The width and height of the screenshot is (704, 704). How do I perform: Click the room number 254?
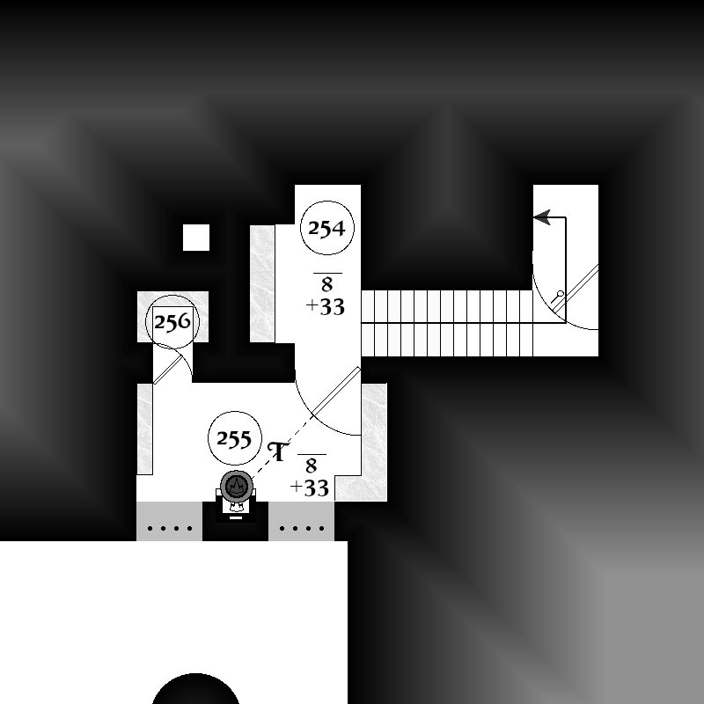pos(326,228)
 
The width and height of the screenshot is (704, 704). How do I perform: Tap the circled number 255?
pos(234,438)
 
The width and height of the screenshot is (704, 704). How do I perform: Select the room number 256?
pos(172,322)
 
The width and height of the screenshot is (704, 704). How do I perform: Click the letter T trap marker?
pos(278,451)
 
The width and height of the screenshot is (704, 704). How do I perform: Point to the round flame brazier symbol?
pos(236,487)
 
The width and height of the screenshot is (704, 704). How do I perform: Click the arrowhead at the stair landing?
pos(542,217)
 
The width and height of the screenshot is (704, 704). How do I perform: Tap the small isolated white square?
pos(196,238)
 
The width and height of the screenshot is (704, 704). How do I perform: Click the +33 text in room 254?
pos(326,306)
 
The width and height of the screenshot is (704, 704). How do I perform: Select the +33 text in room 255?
pos(310,488)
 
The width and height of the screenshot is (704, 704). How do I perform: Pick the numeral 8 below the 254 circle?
pos(326,284)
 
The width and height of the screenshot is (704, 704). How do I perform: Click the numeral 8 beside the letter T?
pos(312,466)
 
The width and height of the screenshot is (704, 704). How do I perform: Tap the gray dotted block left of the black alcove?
pos(169,521)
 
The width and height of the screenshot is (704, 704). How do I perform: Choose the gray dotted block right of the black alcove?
pos(301,521)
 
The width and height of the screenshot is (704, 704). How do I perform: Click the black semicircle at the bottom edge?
pos(195,689)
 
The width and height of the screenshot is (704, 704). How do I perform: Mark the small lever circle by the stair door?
pos(561,294)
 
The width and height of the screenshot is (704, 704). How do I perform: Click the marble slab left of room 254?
pos(262,283)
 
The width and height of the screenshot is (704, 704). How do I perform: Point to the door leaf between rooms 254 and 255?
pos(336,391)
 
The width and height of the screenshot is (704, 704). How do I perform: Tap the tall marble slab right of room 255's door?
pos(375,443)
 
